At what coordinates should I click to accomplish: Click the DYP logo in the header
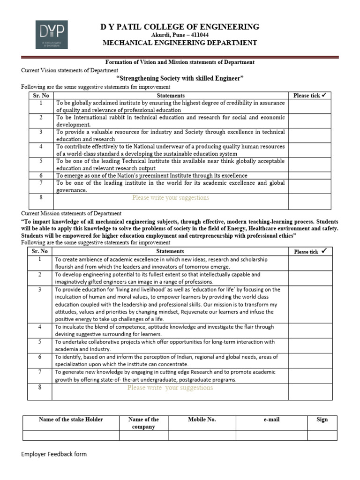[52, 35]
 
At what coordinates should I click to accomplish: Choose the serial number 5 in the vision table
[41, 161]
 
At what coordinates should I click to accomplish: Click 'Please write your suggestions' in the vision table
[171, 198]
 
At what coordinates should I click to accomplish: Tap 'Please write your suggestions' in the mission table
[170, 388]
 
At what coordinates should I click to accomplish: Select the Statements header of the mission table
[170, 252]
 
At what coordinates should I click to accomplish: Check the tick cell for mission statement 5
[310, 345]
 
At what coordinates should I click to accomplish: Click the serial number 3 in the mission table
[40, 290]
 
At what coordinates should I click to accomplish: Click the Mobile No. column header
[202, 420]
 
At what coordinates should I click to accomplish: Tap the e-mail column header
[271, 420]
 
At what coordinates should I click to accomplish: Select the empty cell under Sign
[322, 435]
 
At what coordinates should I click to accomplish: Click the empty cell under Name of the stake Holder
[71, 435]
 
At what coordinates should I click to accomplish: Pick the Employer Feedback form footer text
[54, 454]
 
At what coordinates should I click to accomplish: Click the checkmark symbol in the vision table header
[324, 95]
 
